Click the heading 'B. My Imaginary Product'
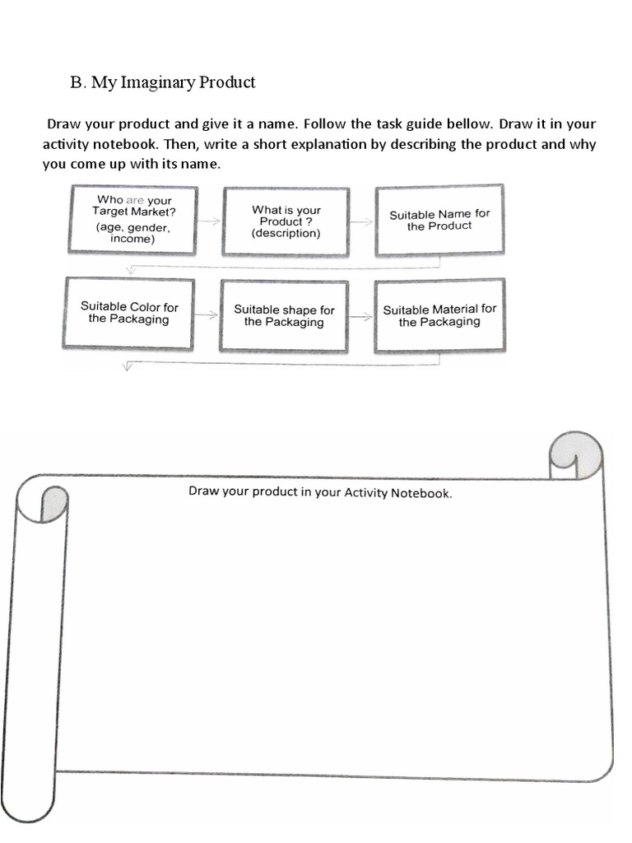(x=163, y=82)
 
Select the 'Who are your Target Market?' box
(x=133, y=219)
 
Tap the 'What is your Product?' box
(x=286, y=221)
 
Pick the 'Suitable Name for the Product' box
(x=439, y=220)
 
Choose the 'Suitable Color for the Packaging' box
(x=129, y=314)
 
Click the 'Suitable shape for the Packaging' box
(x=284, y=316)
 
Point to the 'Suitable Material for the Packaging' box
(x=439, y=315)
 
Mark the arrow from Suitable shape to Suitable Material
(x=361, y=316)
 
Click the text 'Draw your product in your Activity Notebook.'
(x=320, y=493)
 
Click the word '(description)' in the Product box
(x=286, y=233)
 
